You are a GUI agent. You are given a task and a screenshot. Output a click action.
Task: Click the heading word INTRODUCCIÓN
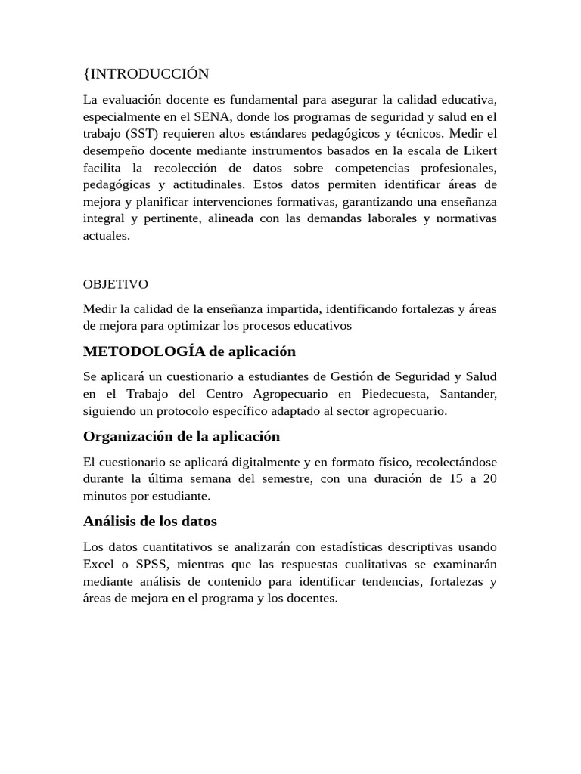[149, 73]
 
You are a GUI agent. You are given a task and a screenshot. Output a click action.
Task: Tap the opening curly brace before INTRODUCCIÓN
[85, 73]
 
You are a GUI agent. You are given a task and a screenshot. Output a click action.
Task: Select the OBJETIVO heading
[115, 284]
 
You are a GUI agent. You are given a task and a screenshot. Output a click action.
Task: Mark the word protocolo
[197, 411]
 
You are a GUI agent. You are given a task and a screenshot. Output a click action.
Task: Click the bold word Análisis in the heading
[110, 521]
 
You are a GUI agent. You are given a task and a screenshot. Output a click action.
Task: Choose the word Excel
[99, 564]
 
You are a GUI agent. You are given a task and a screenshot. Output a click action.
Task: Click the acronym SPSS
[165, 564]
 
